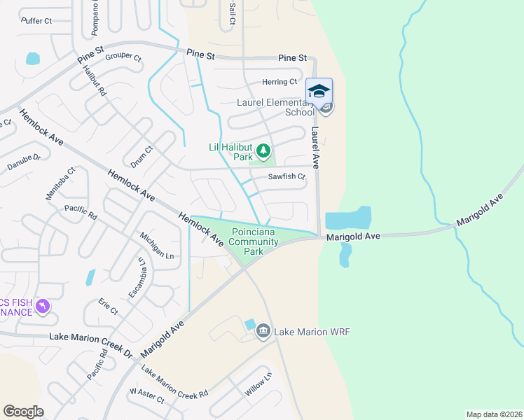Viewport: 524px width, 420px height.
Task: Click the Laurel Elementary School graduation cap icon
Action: click(x=319, y=92)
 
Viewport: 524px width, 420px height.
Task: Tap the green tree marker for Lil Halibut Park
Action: click(x=263, y=150)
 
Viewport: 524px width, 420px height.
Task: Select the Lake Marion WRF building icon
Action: click(x=263, y=331)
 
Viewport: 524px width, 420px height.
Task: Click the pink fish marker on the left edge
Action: click(x=42, y=307)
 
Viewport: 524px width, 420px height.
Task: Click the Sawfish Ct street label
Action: click(x=287, y=176)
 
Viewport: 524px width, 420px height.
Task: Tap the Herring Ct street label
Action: click(x=280, y=82)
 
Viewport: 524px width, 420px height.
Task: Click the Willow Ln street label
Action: click(x=258, y=384)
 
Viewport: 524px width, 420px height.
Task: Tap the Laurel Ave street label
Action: click(x=315, y=148)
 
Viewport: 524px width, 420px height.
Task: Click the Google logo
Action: click(x=23, y=412)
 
